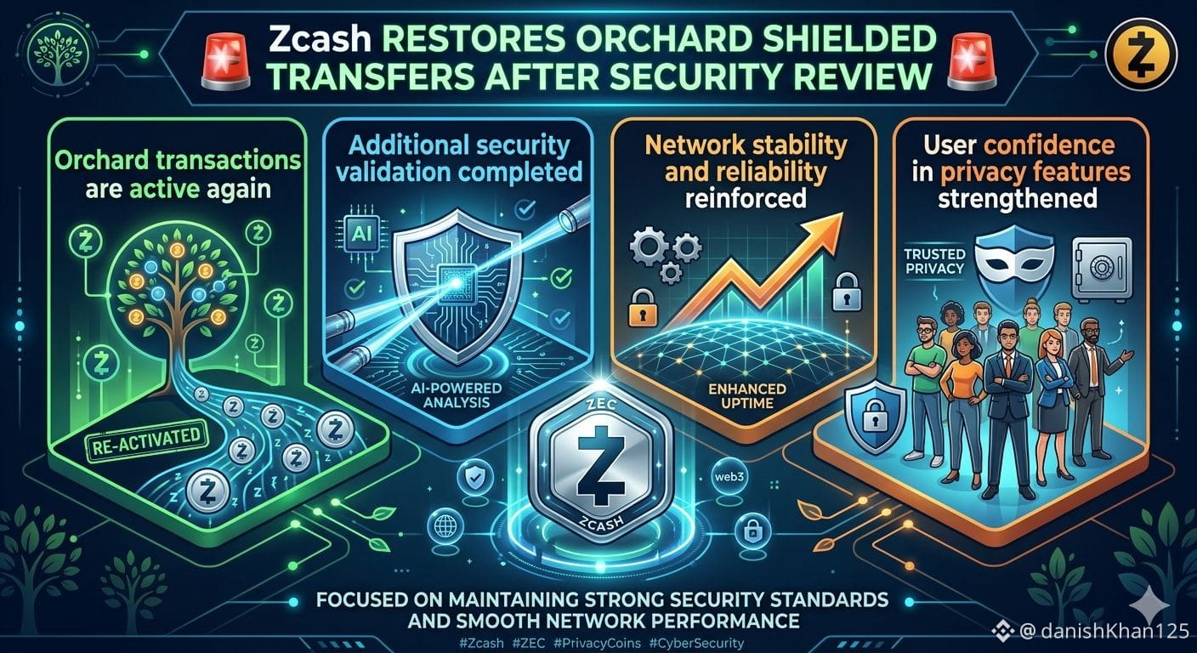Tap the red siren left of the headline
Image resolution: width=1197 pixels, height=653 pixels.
[x=225, y=60]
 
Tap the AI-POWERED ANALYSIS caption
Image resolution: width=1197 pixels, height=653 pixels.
[x=457, y=395]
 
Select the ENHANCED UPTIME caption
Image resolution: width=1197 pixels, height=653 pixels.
[x=747, y=396]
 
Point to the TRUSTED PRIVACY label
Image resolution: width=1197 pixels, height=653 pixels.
[x=934, y=261]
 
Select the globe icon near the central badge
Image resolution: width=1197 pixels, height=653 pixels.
[x=445, y=527]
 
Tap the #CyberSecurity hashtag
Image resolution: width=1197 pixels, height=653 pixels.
[x=696, y=643]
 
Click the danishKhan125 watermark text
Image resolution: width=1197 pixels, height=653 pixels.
[x=1115, y=631]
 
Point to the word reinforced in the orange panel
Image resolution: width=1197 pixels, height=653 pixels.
[x=746, y=198]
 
